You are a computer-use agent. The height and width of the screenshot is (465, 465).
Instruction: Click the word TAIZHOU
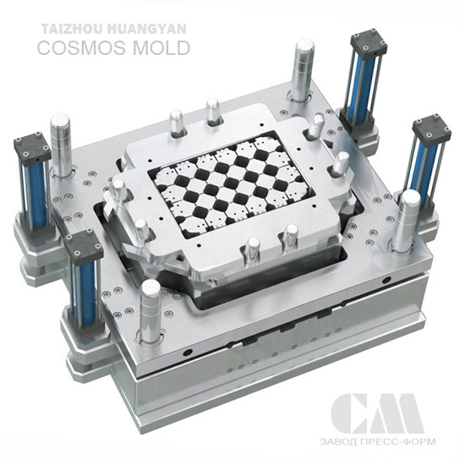(x=72, y=29)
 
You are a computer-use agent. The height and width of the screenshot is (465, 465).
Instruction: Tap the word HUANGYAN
(x=146, y=29)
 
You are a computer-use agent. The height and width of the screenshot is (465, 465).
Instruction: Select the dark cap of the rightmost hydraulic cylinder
(x=432, y=129)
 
